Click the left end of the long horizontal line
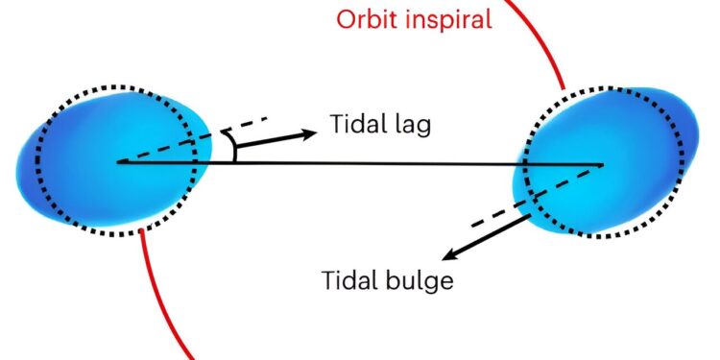[118, 162]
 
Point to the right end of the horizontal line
[602, 164]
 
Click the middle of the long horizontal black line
[360, 163]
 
